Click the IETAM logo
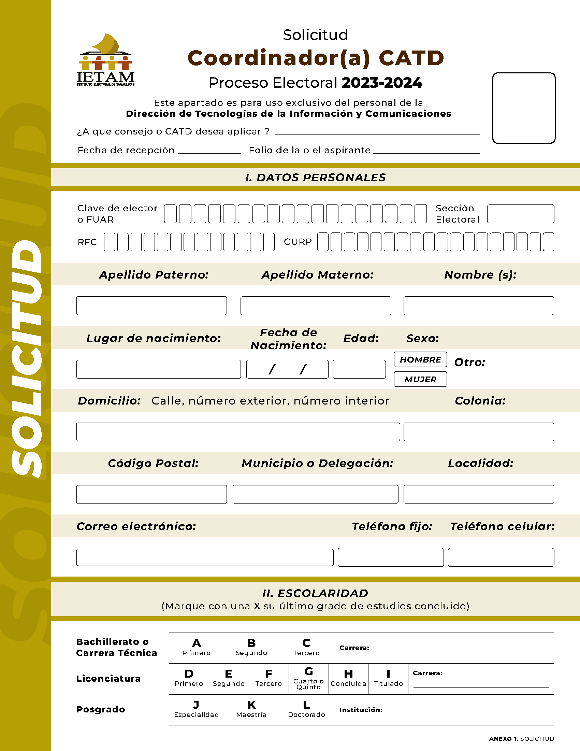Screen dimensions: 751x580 click(105, 60)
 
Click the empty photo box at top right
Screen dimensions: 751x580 click(524, 108)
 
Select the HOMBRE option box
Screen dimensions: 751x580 click(420, 359)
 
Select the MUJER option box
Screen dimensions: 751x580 click(420, 379)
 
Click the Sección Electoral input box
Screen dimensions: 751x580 click(520, 214)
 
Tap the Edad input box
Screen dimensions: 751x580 click(359, 369)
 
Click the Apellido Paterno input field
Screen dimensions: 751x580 click(151, 306)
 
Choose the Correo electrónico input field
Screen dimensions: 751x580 click(205, 557)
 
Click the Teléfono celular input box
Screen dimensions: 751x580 click(501, 557)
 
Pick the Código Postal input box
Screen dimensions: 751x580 click(151, 494)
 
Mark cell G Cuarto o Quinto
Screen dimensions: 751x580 click(308, 679)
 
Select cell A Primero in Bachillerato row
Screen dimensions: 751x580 click(196, 648)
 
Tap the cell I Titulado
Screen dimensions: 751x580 click(388, 679)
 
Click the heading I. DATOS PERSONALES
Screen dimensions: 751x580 click(316, 178)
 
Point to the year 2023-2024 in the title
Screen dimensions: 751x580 click(382, 83)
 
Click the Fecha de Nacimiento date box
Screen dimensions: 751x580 click(287, 369)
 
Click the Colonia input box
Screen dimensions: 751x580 click(478, 431)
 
